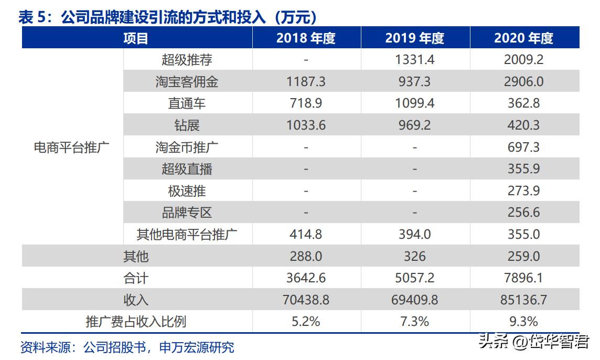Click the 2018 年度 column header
point(306,38)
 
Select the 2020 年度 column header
point(523,38)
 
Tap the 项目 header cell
point(136,38)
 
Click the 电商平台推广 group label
point(71,147)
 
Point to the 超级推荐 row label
point(187,60)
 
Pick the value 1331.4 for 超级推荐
point(414,60)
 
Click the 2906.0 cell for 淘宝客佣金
point(523,82)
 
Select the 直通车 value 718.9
point(306,103)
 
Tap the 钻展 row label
point(187,125)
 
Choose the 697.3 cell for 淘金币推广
point(523,147)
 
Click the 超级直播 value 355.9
point(523,169)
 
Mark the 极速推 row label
point(187,191)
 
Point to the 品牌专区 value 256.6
point(523,213)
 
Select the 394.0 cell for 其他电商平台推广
point(414,234)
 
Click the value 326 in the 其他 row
point(414,256)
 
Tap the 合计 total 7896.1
point(523,278)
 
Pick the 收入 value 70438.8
point(306,300)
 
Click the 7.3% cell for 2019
point(414,321)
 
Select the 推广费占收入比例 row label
point(136,321)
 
